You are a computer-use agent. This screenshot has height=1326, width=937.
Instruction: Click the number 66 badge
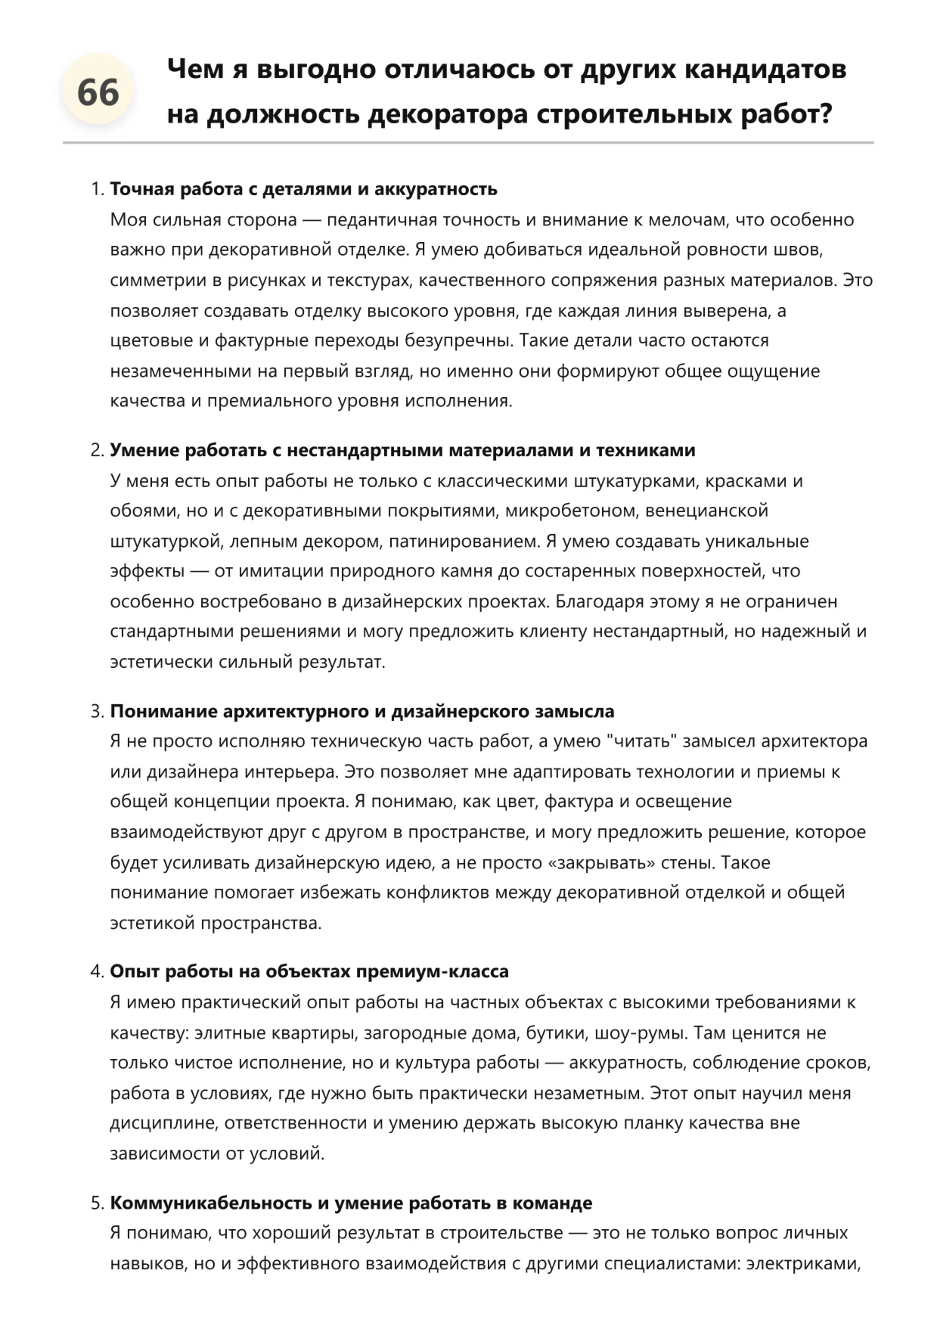(x=98, y=93)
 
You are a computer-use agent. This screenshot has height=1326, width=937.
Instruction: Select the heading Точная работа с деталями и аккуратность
(x=303, y=189)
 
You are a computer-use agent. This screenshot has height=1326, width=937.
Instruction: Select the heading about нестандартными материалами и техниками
(x=402, y=450)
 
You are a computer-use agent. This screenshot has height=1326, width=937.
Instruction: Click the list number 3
(x=96, y=712)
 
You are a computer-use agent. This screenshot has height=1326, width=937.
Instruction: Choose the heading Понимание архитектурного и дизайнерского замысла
(x=362, y=712)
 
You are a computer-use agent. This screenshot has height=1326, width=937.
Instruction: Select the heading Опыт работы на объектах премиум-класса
(x=309, y=972)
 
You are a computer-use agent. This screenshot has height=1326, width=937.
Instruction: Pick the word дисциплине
(x=163, y=1124)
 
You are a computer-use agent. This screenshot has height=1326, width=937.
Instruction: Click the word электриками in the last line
(x=804, y=1264)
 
